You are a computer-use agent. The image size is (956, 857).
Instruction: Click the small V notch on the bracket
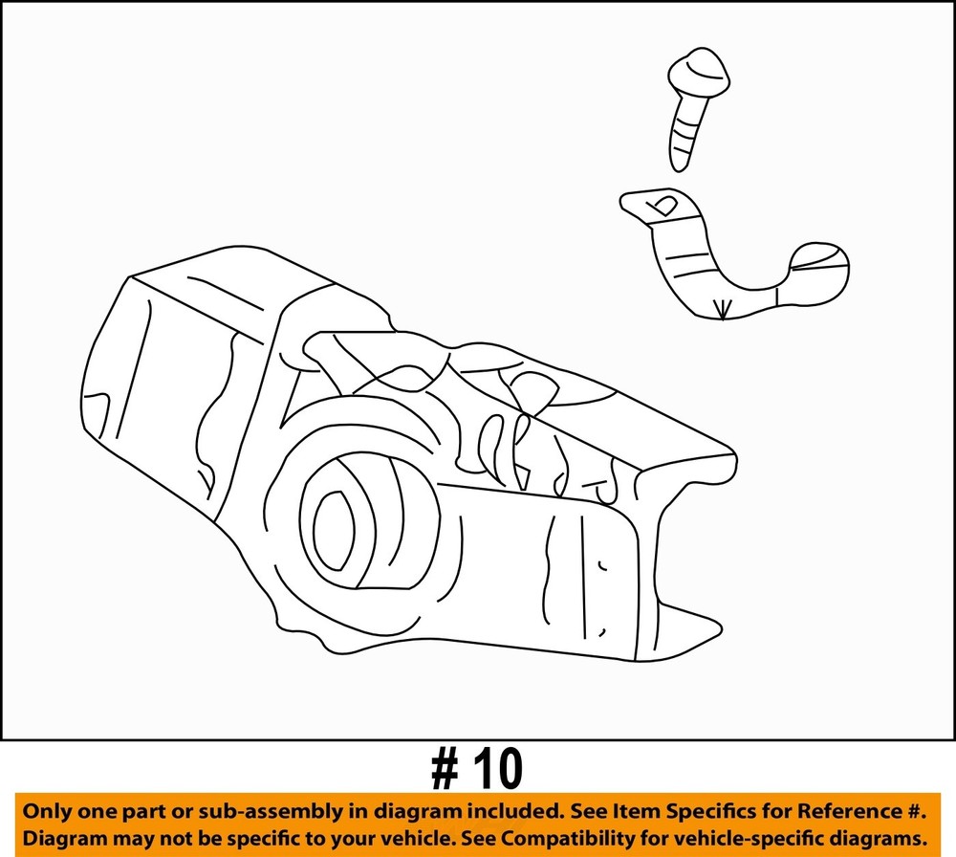[x=722, y=310]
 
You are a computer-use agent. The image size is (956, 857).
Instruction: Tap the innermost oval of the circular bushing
[x=334, y=530]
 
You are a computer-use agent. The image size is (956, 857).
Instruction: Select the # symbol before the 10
[x=446, y=769]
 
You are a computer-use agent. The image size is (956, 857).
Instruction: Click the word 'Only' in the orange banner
[x=43, y=811]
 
